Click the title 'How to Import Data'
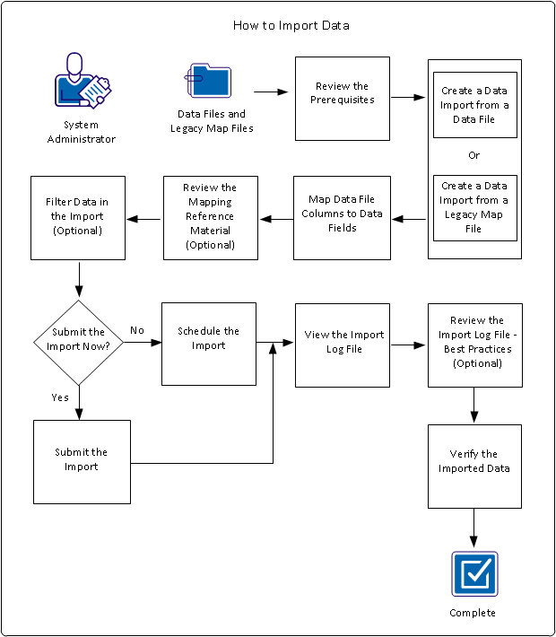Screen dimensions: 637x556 [x=291, y=25]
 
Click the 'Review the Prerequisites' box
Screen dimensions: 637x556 [x=343, y=99]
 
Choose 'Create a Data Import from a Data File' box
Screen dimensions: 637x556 [x=474, y=105]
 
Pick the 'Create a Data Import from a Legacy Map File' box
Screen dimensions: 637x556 [x=474, y=208]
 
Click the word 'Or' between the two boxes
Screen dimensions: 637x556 [x=474, y=155]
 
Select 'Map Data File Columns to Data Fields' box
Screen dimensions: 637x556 [x=343, y=218]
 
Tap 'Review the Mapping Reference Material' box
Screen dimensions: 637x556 [x=210, y=218]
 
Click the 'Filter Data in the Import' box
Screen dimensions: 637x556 [x=77, y=218]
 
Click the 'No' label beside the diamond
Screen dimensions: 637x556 [x=137, y=330]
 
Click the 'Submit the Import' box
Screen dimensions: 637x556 [x=82, y=461]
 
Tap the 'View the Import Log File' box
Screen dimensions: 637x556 [x=343, y=345]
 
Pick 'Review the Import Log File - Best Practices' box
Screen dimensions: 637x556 [x=474, y=345]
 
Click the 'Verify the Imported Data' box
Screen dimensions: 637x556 [x=474, y=462]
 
